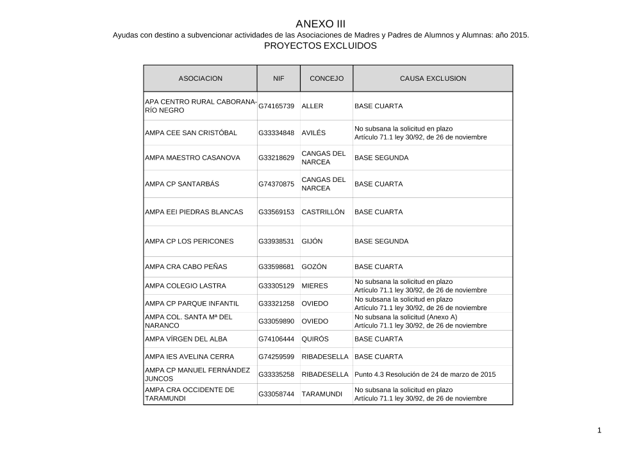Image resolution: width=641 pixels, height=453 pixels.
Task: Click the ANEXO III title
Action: point(320,24)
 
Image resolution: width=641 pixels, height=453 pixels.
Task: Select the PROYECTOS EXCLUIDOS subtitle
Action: point(320,47)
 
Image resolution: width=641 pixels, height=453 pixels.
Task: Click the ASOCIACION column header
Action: point(200,78)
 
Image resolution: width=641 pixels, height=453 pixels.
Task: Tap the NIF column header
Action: point(278,78)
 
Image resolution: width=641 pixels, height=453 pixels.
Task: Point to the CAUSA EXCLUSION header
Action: point(433,78)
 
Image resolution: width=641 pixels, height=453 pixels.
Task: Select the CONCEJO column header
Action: point(326,78)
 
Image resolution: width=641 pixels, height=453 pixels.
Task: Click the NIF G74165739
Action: point(276,106)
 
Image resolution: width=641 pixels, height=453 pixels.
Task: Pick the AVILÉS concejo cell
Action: point(313,133)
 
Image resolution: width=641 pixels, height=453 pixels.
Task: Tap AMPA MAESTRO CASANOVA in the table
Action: point(192,158)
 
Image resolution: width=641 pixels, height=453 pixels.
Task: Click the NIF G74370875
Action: point(276,184)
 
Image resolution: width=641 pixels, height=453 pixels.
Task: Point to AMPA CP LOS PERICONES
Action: point(189,242)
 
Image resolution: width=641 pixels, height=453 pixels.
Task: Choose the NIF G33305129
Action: point(276,286)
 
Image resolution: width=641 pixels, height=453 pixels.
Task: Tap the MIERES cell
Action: point(314,286)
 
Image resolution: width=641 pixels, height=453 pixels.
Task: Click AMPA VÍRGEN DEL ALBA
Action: point(186,339)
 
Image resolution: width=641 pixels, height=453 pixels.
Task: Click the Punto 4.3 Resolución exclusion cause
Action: point(425,374)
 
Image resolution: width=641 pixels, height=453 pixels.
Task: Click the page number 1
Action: point(599,431)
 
